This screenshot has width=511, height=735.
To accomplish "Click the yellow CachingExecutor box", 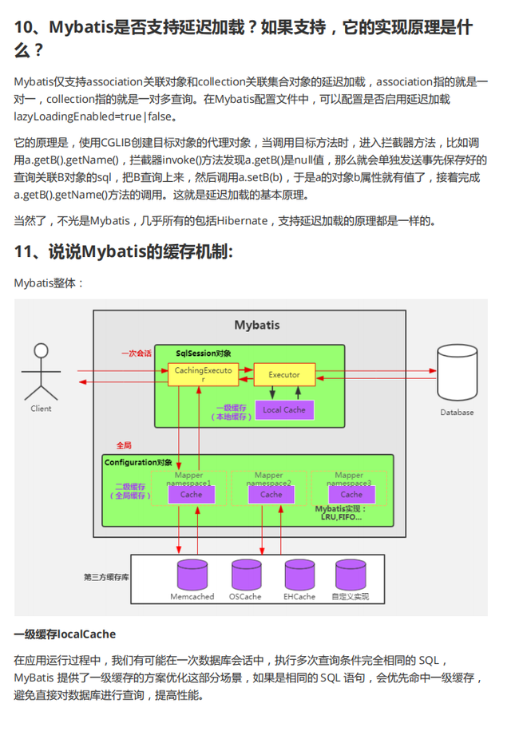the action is pyautogui.click(x=203, y=374).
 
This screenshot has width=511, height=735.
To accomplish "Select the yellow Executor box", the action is pyautogui.click(x=284, y=374).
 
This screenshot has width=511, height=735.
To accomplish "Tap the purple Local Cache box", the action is pyautogui.click(x=284, y=409).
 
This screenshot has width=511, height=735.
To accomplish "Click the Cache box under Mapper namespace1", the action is pyautogui.click(x=192, y=495).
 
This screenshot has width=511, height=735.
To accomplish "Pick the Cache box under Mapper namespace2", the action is pyautogui.click(x=271, y=495).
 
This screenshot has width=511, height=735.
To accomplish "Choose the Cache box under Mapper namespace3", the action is pyautogui.click(x=351, y=495).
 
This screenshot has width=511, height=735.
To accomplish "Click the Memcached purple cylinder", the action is pyautogui.click(x=192, y=575).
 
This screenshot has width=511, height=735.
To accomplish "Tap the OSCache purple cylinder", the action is pyautogui.click(x=247, y=575).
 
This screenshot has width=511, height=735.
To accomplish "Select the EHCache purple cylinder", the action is pyautogui.click(x=299, y=575).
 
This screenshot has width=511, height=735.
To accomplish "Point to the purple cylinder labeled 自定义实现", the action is pyautogui.click(x=351, y=575).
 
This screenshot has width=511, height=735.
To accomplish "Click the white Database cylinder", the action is pyautogui.click(x=457, y=373).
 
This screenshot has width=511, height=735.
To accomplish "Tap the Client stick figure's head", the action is pyautogui.click(x=42, y=350).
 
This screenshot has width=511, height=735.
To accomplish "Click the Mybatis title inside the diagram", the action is pyautogui.click(x=257, y=326).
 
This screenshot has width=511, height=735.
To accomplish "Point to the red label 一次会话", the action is pyautogui.click(x=137, y=354).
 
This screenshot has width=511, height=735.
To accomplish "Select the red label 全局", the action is pyautogui.click(x=124, y=445).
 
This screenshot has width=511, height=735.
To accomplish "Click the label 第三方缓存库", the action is pyautogui.click(x=106, y=577).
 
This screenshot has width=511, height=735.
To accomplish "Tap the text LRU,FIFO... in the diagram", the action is pyautogui.click(x=341, y=517).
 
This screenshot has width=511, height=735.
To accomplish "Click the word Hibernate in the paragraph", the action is pyautogui.click(x=243, y=221).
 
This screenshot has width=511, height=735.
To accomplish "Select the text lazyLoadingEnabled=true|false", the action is pyautogui.click(x=92, y=117).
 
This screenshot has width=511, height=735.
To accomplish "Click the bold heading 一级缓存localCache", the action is pyautogui.click(x=65, y=634).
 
